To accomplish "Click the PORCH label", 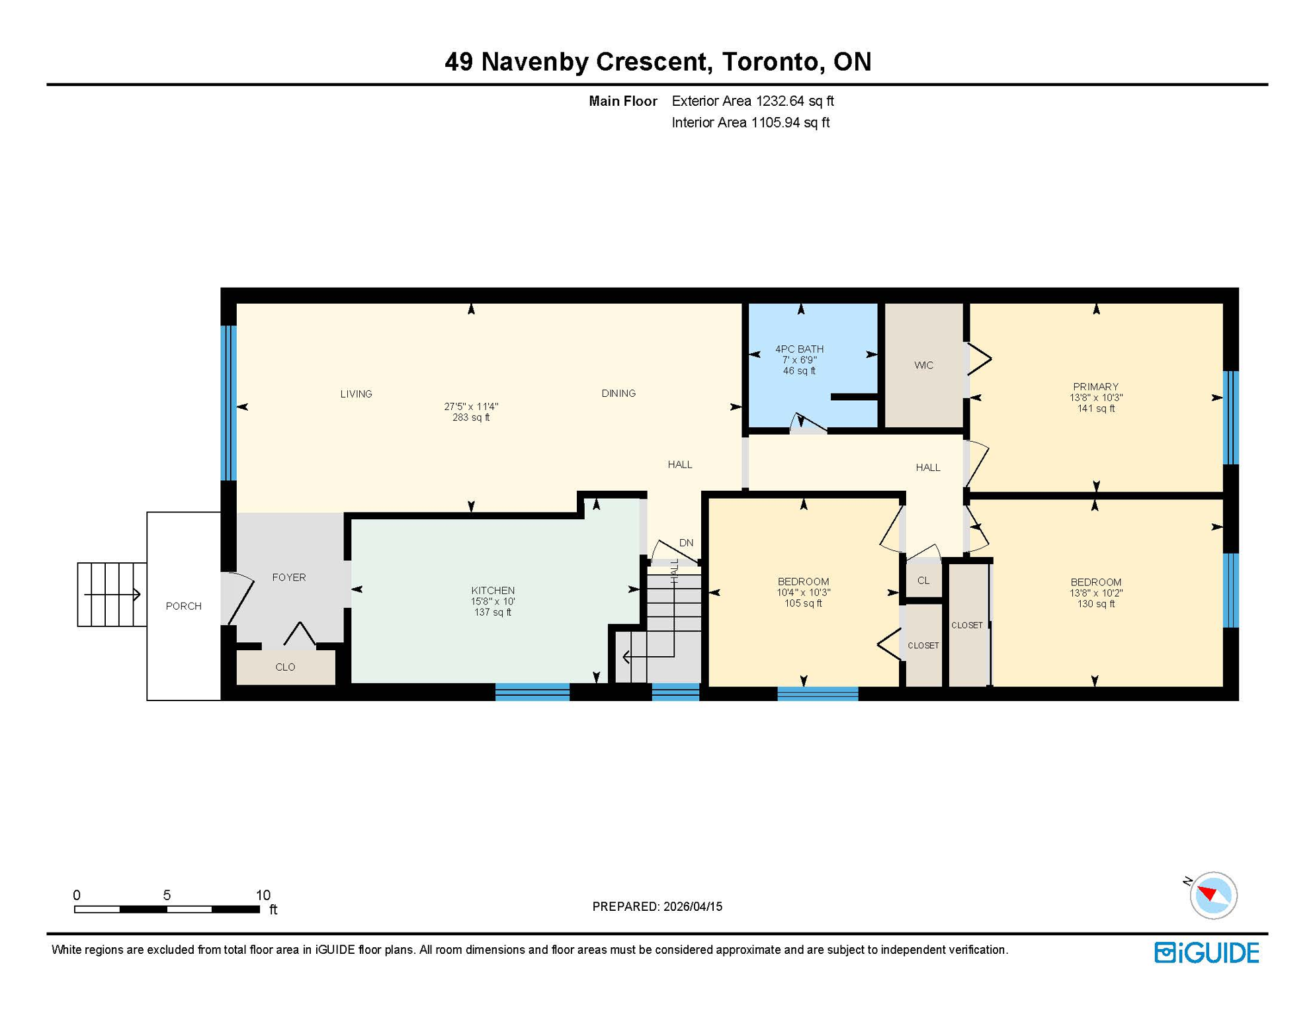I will (x=183, y=606).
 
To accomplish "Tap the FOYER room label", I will (x=288, y=577).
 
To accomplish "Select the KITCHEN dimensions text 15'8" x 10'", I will (x=492, y=601).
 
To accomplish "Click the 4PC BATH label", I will (x=799, y=349).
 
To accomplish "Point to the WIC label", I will (x=923, y=365).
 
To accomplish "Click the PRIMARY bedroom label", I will (x=1095, y=386).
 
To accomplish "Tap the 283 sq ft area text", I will (x=470, y=417).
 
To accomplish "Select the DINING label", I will (x=618, y=393).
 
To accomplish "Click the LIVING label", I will (x=356, y=394).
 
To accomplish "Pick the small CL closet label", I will (x=923, y=580).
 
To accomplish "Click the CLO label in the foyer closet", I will (x=285, y=667).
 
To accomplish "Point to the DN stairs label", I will (x=686, y=542).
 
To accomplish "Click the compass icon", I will (x=1212, y=895).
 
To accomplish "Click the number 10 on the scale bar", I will (x=263, y=895).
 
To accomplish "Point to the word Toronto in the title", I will (x=770, y=62).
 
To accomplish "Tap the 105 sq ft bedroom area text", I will (x=802, y=603).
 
